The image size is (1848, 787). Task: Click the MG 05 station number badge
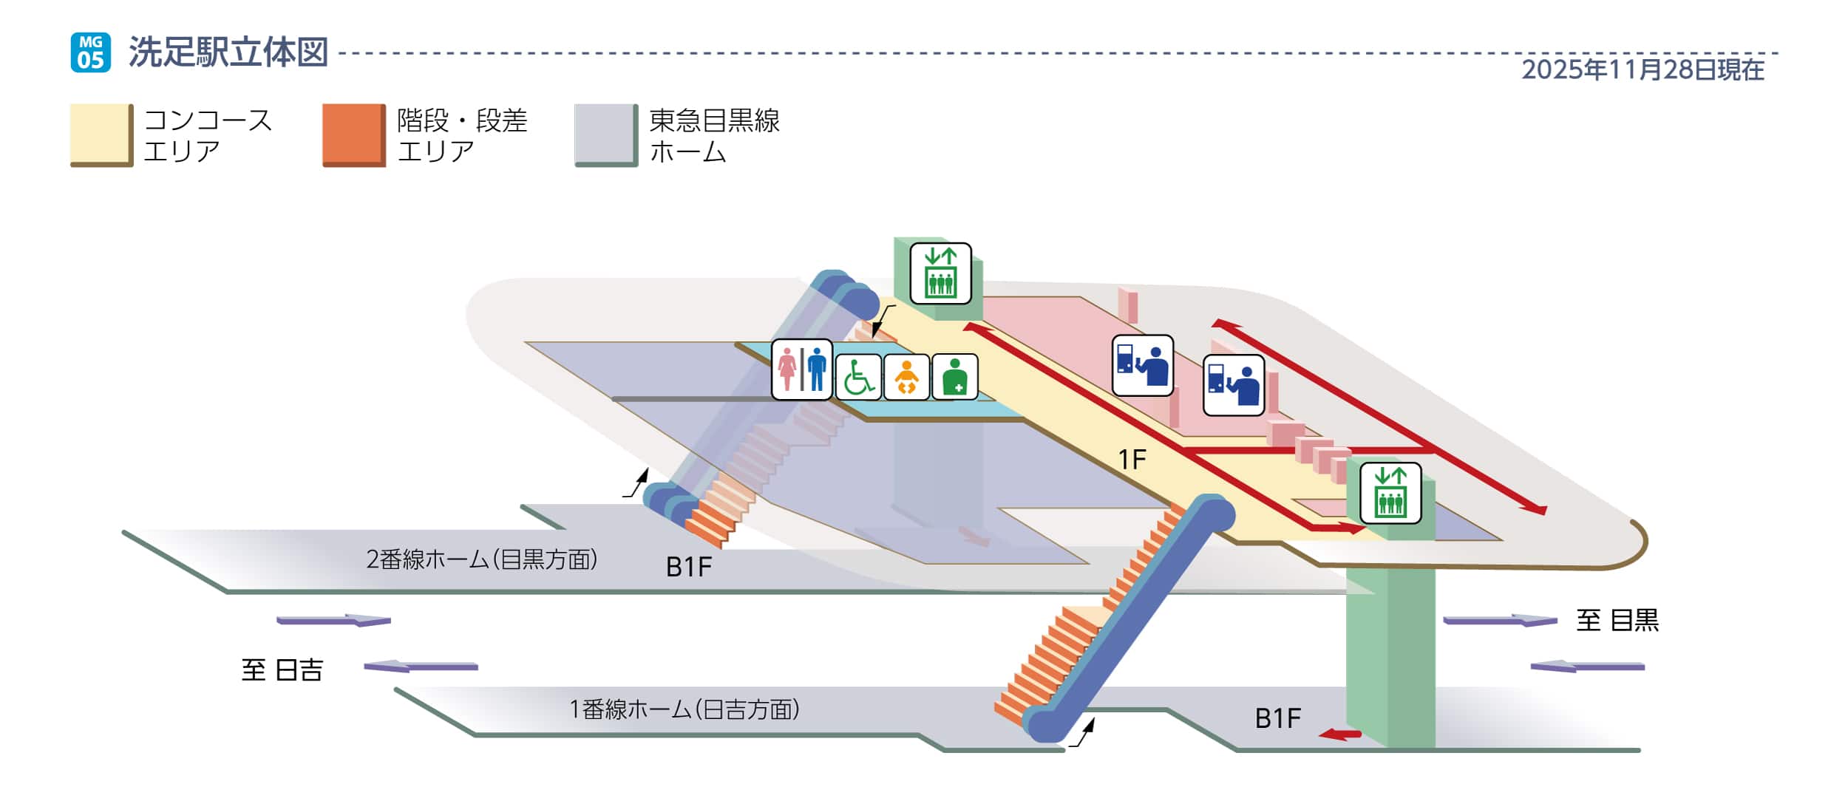click(90, 52)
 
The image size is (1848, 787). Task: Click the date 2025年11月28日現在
click(1643, 70)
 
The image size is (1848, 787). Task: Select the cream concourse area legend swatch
click(101, 135)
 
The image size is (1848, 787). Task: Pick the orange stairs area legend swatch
click(353, 135)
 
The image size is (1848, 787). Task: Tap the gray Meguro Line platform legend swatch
click(605, 135)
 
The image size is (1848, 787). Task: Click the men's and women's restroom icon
click(801, 369)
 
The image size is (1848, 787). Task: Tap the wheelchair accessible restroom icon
click(857, 377)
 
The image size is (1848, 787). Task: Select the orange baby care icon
click(906, 377)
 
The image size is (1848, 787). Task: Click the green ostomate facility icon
click(954, 377)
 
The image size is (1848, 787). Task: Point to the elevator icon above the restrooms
click(940, 273)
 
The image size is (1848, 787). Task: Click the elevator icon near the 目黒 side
click(1390, 493)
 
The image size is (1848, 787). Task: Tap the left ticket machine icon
click(1142, 365)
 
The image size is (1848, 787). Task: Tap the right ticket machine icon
click(1233, 385)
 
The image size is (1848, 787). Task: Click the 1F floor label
click(1132, 460)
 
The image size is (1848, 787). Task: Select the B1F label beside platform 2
click(688, 567)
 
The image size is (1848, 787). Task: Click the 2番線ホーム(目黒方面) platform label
click(481, 559)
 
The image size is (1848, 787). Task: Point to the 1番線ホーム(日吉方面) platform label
click(684, 709)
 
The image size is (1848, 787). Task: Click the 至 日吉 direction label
click(282, 670)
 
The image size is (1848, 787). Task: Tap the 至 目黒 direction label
click(1617, 620)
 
